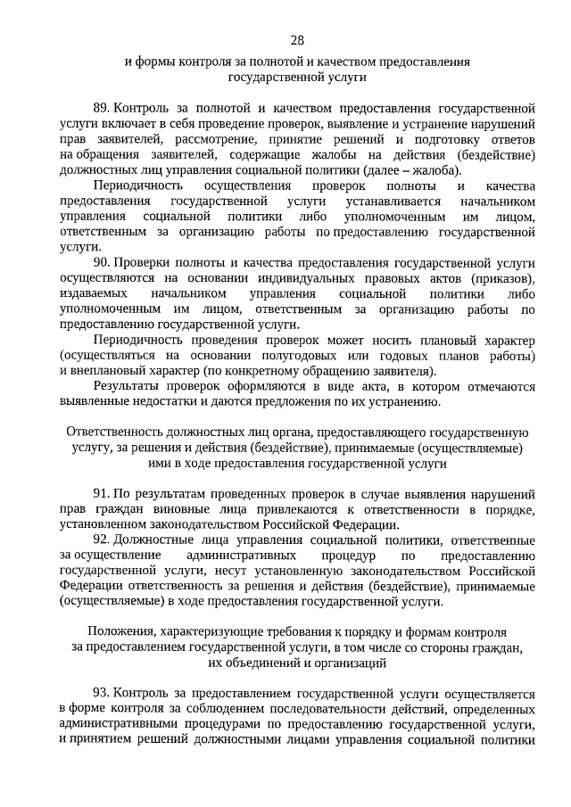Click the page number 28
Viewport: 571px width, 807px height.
(x=297, y=40)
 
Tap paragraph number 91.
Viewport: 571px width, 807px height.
(x=103, y=493)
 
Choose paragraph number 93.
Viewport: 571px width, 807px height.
(x=103, y=693)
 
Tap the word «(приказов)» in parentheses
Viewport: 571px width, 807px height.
(x=502, y=279)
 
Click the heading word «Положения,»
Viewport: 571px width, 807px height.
(x=120, y=631)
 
